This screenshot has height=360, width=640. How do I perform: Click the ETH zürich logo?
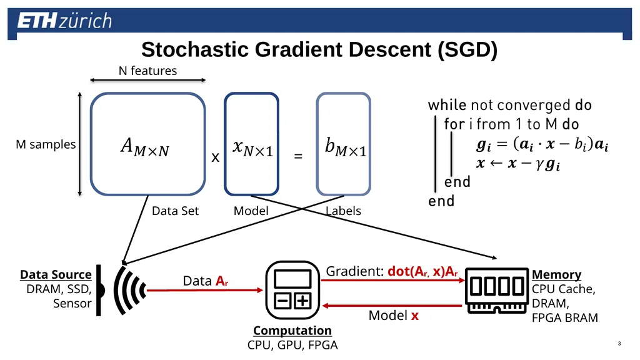64,21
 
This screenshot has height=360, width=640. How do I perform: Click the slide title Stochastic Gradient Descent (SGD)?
319,49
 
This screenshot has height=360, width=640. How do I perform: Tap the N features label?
147,71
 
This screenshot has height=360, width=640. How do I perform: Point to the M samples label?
46,144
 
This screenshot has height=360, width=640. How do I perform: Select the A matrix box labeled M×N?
147,144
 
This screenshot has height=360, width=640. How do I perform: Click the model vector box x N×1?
251,144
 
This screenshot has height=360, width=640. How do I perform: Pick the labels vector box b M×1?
343,144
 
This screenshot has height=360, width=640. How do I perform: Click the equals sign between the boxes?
298,156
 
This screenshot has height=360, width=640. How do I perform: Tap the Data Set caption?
175,211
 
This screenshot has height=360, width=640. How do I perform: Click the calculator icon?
292,290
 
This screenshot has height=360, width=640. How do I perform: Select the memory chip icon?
497,290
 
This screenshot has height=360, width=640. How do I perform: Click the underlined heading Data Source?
56,275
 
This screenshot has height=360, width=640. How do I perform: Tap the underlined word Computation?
292,331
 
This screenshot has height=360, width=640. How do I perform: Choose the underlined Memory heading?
556,275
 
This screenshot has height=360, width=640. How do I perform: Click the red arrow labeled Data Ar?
204,290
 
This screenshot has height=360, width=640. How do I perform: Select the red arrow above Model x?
392,305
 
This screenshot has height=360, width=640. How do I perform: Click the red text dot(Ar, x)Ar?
422,271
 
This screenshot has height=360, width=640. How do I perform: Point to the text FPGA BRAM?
564,317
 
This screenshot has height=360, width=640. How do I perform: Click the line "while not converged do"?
510,105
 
